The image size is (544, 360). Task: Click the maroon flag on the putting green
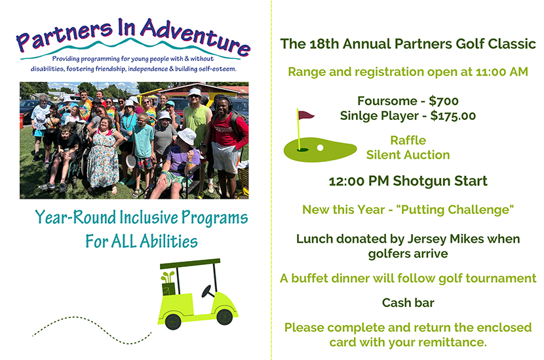tap(305, 115)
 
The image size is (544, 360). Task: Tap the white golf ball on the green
tap(321, 148)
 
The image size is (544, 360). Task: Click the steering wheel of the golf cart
tap(208, 291)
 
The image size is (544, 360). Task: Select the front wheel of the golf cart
tap(224, 317)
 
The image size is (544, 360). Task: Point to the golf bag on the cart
tap(168, 284)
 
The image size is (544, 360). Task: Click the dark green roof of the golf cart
tap(190, 264)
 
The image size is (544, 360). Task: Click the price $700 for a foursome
tap(444, 101)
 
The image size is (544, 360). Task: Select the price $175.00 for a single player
tap(453, 115)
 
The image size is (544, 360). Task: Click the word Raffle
tap(408, 140)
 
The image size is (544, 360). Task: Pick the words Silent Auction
tap(408, 155)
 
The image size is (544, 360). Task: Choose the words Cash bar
tap(408, 303)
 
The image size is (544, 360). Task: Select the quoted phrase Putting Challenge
tap(455, 210)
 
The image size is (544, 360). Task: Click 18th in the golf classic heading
tap(324, 44)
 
